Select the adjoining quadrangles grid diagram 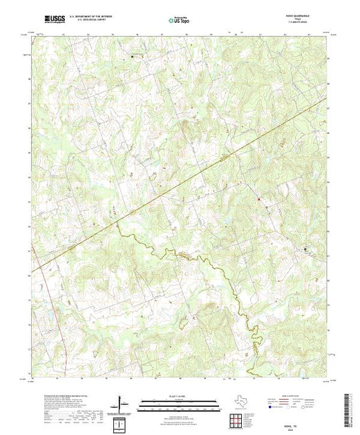237,419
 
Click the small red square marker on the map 259,201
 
